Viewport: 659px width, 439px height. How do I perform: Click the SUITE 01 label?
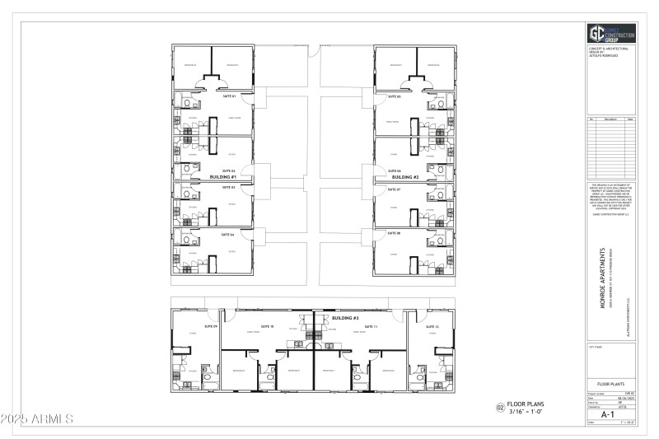coord(229,96)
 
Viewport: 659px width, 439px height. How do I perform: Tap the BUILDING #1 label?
coord(222,177)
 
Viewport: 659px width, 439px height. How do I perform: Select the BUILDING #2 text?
coord(405,177)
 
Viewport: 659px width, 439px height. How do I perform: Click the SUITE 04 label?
coord(227,235)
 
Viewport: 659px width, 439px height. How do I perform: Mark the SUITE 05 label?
coord(393,96)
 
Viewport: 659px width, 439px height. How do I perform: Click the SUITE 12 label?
coord(431,327)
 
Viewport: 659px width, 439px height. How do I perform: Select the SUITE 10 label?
coord(267,327)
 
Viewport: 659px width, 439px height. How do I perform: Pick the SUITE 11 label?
coord(371,327)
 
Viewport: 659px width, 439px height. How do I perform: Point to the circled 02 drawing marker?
coord(499,407)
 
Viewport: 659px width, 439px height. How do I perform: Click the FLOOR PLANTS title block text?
coord(610,384)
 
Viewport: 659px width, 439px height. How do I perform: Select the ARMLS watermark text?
coord(38,419)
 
